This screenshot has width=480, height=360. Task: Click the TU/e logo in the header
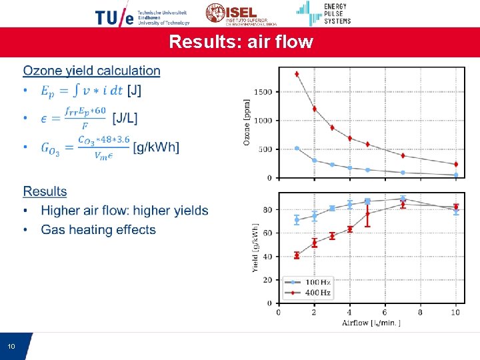coord(142,15)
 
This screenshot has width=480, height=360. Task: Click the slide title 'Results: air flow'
coord(241,42)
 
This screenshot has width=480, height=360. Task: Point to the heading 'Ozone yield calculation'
coord(91,71)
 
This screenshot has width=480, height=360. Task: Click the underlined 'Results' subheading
coord(45,191)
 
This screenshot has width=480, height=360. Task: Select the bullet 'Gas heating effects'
coord(98,230)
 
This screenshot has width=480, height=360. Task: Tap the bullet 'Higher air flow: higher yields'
coord(124,211)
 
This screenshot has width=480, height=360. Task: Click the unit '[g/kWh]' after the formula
coord(156,147)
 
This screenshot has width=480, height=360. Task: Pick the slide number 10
coord(11,347)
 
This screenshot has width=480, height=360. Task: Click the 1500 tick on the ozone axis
coord(263,91)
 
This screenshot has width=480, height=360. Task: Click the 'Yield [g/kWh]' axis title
coord(255,248)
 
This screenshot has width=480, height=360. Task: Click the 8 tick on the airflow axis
coord(420,312)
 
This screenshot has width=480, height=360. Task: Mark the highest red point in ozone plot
coord(297,74)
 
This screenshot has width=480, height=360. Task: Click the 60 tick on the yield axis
coord(267,233)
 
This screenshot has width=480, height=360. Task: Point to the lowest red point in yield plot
coord(297,255)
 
